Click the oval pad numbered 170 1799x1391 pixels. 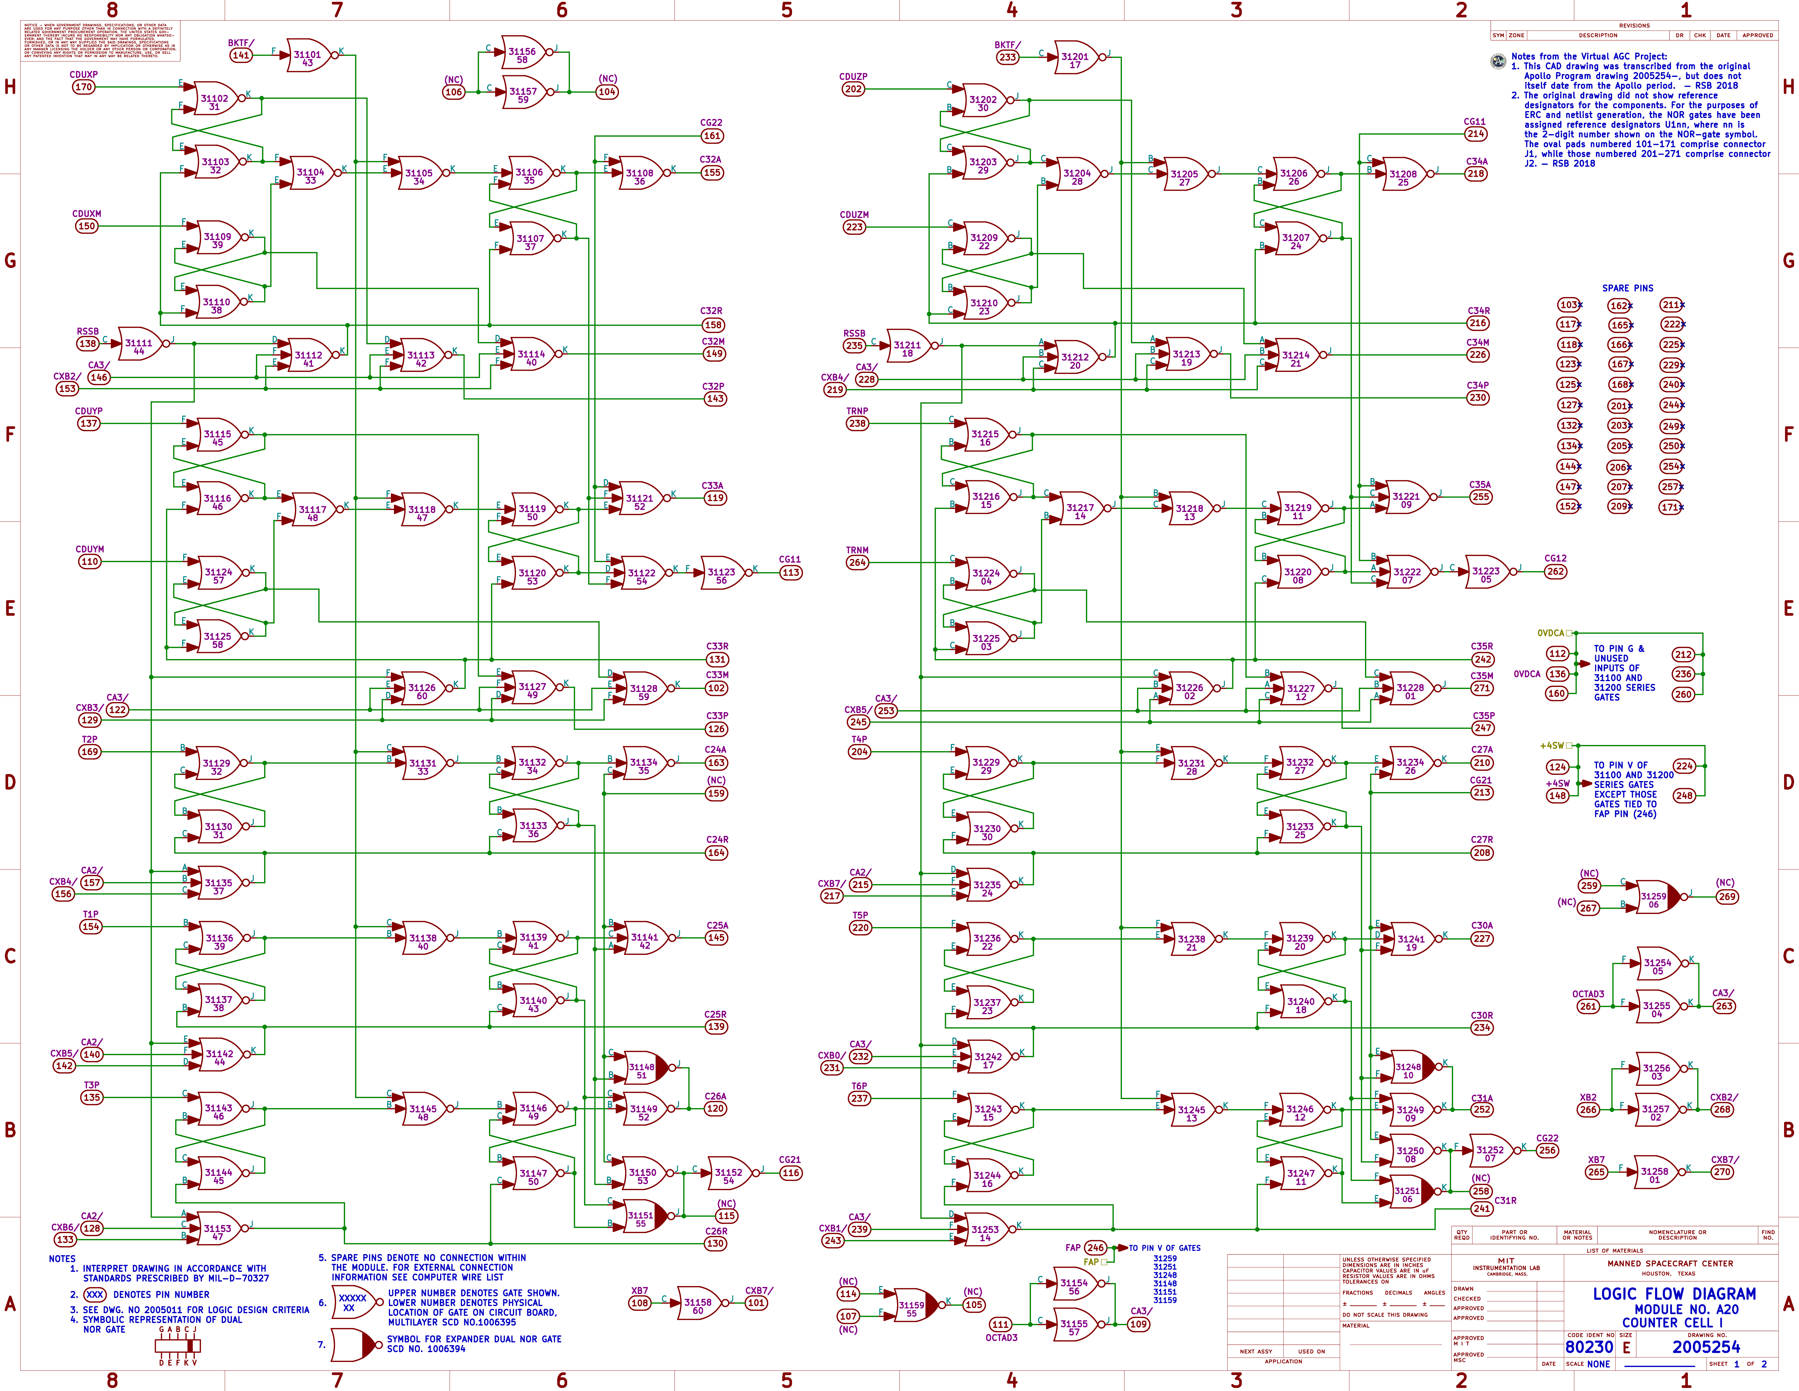click(83, 86)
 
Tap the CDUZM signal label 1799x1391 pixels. click(853, 214)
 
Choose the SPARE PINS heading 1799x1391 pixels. click(1627, 288)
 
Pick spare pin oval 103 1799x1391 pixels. click(1568, 305)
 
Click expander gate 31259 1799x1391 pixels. click(1654, 899)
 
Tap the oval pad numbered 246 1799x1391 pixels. click(1095, 1248)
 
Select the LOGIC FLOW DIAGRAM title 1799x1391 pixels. click(1674, 1294)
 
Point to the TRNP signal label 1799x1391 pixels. click(857, 410)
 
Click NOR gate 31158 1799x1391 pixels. click(698, 1305)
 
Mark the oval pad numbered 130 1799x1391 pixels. click(715, 1243)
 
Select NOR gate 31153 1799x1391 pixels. click(218, 1231)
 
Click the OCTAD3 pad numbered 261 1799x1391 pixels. click(1588, 1006)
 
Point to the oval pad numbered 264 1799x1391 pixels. click(857, 563)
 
